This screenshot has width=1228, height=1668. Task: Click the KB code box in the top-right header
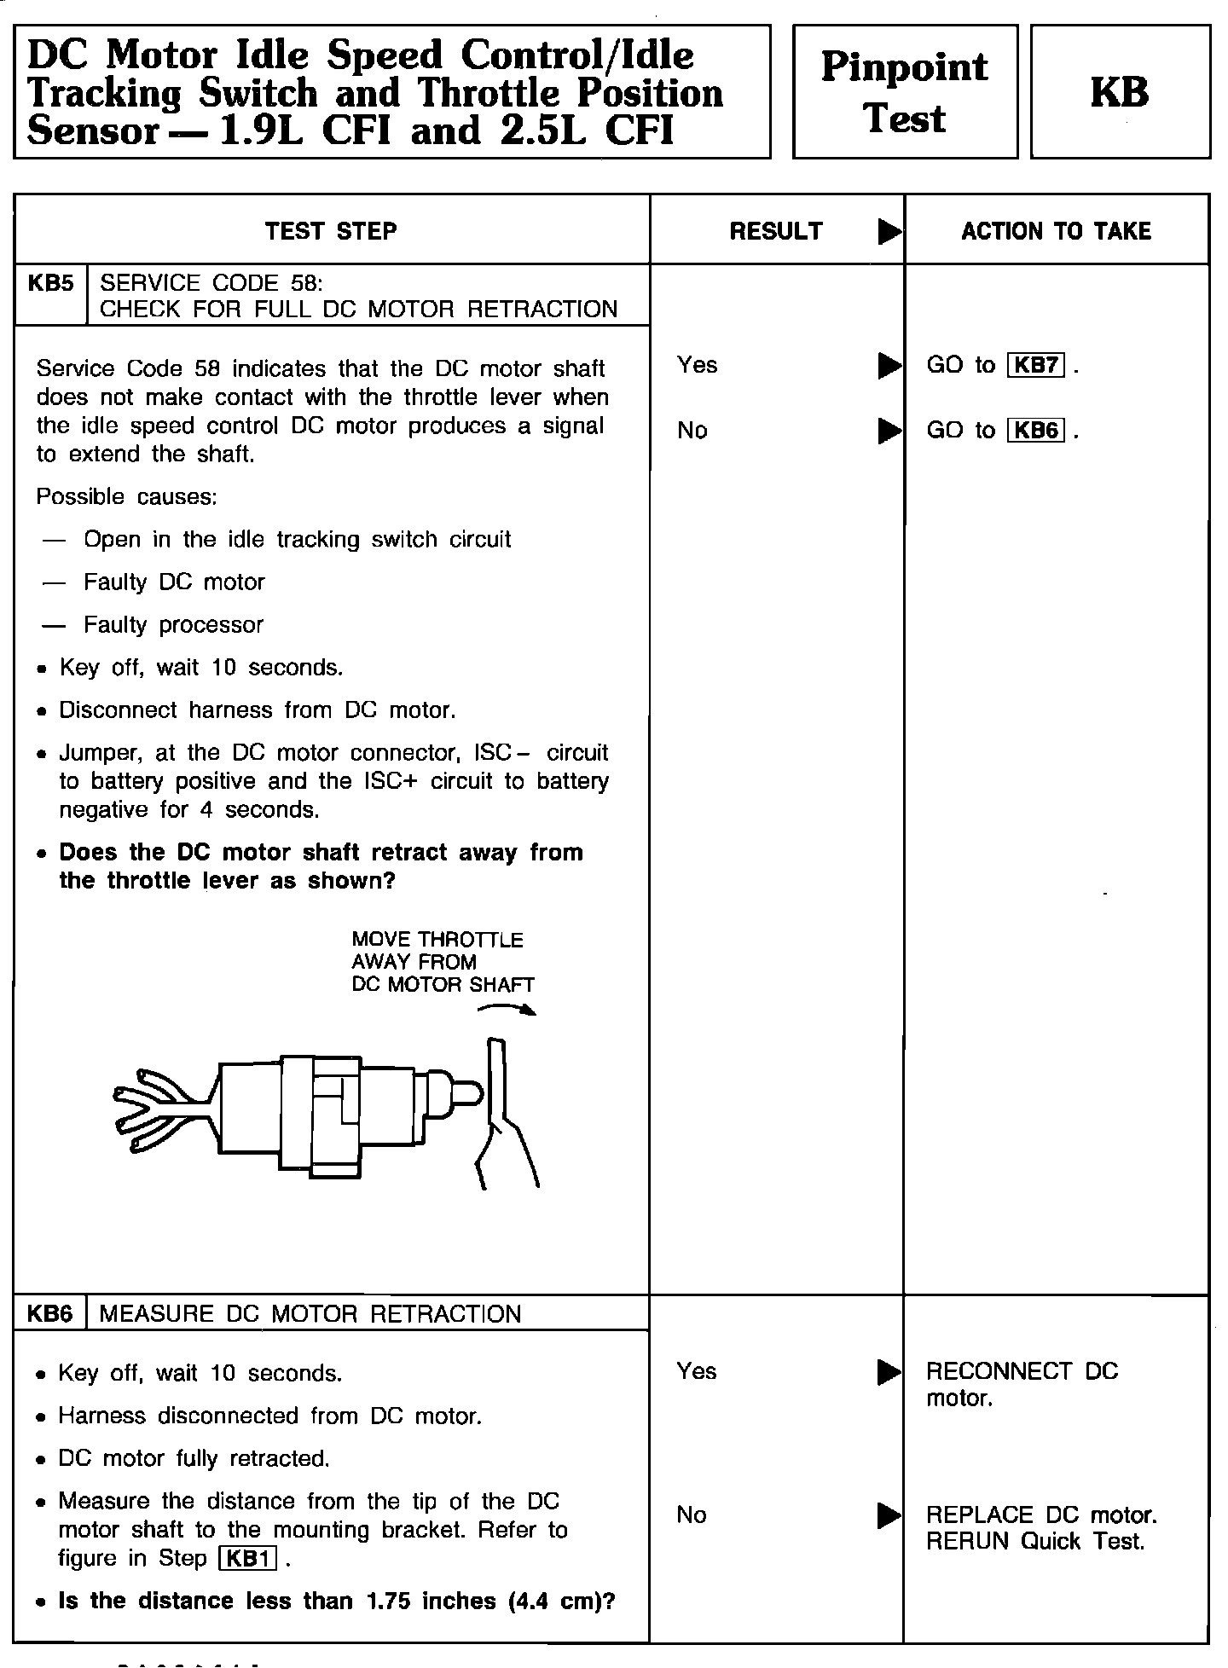click(1120, 92)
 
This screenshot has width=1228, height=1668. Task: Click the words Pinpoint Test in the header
click(904, 92)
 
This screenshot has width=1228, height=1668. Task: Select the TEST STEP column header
click(331, 231)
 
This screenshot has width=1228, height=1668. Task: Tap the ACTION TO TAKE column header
click(1056, 231)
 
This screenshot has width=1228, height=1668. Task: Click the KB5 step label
click(50, 284)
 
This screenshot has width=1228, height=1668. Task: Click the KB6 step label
click(50, 1314)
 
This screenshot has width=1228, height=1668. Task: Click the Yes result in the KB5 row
click(698, 366)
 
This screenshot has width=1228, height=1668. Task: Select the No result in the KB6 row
click(692, 1515)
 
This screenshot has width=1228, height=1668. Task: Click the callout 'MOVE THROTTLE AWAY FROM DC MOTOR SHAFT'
click(442, 963)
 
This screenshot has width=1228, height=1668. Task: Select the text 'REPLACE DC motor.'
click(1041, 1515)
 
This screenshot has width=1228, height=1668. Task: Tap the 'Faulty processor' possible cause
click(173, 625)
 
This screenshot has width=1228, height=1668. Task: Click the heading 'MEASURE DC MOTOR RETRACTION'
click(310, 1314)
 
